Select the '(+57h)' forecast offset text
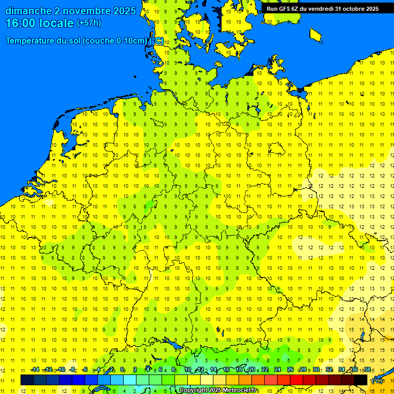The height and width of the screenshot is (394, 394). tap(89, 23)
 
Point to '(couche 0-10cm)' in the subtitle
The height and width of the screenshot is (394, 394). tap(116, 41)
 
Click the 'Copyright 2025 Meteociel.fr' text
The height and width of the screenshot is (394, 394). tap(219, 390)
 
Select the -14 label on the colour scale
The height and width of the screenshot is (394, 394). tap(35, 370)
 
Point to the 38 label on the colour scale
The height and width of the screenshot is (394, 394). tap(367, 370)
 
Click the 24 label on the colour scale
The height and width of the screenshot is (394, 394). tap(278, 370)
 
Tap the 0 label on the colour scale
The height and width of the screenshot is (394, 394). tap(122, 370)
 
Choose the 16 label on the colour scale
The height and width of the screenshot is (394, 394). tap(226, 370)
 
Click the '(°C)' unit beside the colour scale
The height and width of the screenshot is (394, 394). tap(377, 381)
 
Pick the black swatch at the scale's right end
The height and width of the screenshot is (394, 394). tap(361, 380)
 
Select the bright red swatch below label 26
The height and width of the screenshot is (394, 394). tap(296, 380)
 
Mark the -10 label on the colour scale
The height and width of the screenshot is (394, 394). tap(61, 370)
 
